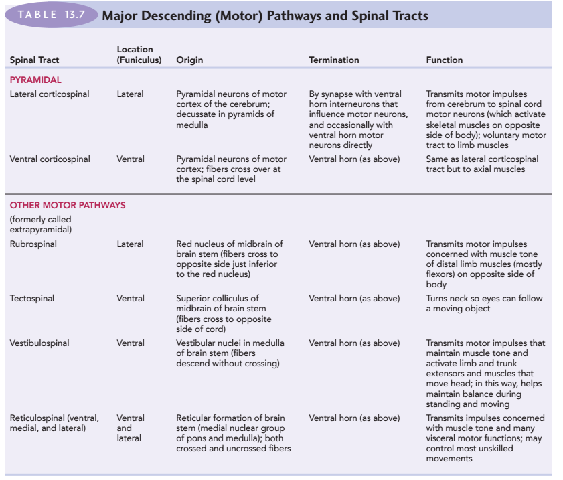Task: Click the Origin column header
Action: pos(189,60)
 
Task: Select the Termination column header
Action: pos(333,60)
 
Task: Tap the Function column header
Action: pos(444,60)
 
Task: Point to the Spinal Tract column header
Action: pos(34,60)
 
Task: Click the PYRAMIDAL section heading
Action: pos(35,80)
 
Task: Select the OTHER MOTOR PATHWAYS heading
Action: pos(67,205)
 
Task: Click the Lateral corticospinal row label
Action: pos(50,94)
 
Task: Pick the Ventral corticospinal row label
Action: pos(50,159)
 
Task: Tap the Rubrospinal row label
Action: pos(33,244)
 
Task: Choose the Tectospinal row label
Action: pos(31,298)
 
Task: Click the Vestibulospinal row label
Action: pos(39,343)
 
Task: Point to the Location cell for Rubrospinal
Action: pos(130,244)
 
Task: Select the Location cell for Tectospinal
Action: pos(130,298)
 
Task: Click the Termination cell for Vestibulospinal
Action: pos(354,343)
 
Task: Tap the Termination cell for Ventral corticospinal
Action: pos(354,159)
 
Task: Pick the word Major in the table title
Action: pos(119,15)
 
